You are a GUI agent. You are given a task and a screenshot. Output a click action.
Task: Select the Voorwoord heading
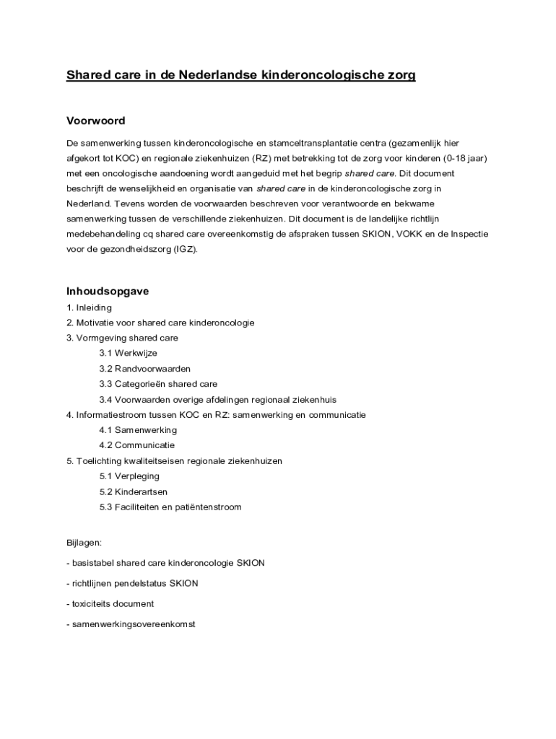tap(96, 121)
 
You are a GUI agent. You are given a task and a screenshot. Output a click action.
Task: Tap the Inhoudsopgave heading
tap(108, 292)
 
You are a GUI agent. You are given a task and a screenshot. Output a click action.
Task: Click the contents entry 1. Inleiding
tap(89, 307)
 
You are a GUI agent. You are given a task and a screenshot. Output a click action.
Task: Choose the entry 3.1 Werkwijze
tap(128, 354)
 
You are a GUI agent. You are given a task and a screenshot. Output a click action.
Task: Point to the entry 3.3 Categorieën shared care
tap(158, 384)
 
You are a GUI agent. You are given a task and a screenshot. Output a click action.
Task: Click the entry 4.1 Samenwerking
tap(138, 430)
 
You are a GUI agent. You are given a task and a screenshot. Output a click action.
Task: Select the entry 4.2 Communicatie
tap(137, 445)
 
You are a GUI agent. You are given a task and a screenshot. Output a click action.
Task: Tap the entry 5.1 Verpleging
tap(129, 476)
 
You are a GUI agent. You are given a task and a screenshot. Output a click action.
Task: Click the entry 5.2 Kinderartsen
tap(134, 491)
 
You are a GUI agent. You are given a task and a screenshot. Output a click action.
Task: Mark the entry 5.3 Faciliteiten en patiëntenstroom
tap(170, 507)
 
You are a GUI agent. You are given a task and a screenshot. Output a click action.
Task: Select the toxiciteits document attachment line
tap(110, 603)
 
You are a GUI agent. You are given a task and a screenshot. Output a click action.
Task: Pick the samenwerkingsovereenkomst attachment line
tap(131, 624)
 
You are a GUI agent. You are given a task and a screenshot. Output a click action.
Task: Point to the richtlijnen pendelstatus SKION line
tap(132, 583)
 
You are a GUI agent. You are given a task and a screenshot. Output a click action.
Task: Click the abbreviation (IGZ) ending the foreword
tap(184, 250)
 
